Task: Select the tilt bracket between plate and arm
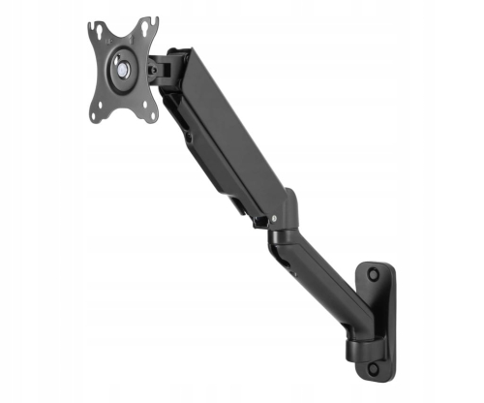pos(166,65)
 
